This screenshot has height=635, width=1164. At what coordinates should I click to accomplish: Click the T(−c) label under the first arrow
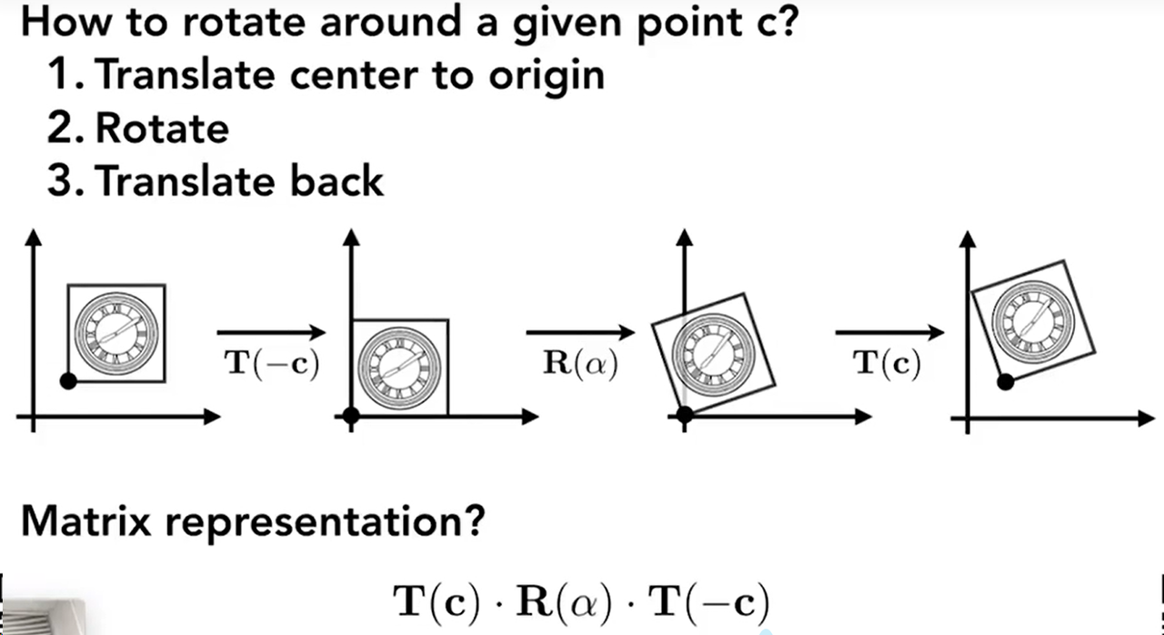[x=271, y=366]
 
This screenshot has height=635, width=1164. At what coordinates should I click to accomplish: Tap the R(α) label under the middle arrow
[x=580, y=366]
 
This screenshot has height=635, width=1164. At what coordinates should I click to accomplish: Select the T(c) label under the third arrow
[x=887, y=366]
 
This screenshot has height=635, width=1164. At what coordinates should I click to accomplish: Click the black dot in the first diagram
[x=67, y=381]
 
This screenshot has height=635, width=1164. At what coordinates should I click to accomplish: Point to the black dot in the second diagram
[x=352, y=416]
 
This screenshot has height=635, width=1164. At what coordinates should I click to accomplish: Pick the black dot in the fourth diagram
[x=1005, y=382]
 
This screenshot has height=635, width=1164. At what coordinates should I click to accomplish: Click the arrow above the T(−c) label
[x=271, y=332]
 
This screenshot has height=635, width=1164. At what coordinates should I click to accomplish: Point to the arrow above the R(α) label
[x=580, y=332]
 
